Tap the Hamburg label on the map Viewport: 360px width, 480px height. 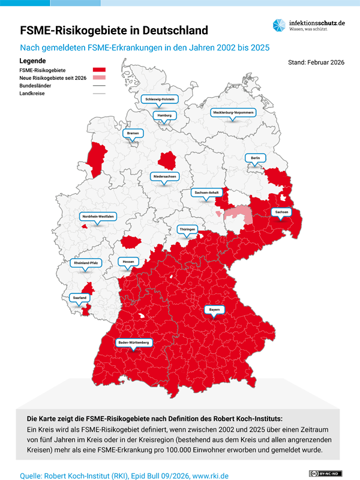click(x=164, y=115)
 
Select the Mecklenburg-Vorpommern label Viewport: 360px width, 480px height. click(x=233, y=112)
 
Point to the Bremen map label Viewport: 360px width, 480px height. click(x=132, y=133)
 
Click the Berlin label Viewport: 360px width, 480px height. click(x=255, y=158)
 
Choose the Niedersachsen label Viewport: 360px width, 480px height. click(x=164, y=177)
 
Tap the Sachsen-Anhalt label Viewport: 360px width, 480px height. click(x=207, y=193)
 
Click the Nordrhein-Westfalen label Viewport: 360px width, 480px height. click(x=98, y=216)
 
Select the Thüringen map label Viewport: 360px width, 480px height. click(x=187, y=229)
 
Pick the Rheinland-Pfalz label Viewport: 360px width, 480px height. click(x=86, y=263)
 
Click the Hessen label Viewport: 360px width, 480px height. click(x=128, y=262)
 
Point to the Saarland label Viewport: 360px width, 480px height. click(x=80, y=297)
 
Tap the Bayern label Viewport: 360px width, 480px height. click(x=214, y=310)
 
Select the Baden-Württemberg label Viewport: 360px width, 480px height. click(x=134, y=343)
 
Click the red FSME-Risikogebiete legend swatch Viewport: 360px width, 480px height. click(x=99, y=70)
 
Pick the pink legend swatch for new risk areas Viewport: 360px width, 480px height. click(x=99, y=78)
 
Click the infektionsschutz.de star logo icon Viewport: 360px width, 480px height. click(x=280, y=25)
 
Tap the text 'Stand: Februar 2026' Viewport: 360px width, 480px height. click(x=316, y=62)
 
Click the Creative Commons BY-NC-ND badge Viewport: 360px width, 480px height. click(x=325, y=473)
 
